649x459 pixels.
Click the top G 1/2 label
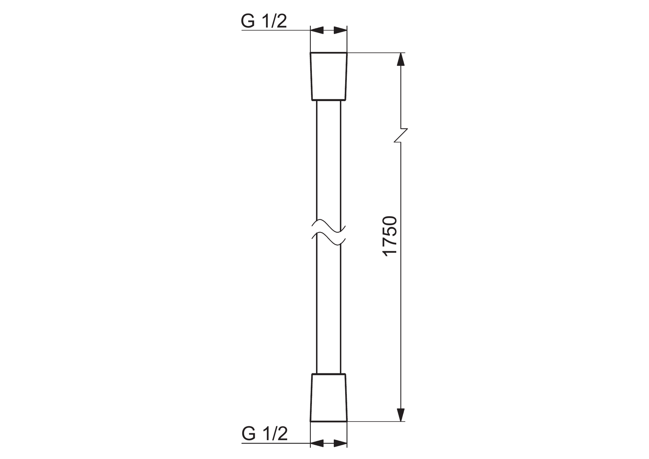(x=264, y=21)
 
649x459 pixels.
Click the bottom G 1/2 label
(x=264, y=433)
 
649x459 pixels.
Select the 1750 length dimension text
(x=389, y=236)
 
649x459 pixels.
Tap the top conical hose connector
(x=329, y=77)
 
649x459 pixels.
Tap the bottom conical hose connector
(x=329, y=397)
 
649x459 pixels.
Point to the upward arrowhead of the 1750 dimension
(x=401, y=59)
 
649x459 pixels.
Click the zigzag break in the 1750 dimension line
(x=401, y=135)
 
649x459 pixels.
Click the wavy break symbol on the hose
(x=329, y=232)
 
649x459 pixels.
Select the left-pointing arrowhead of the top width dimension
(x=317, y=30)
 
